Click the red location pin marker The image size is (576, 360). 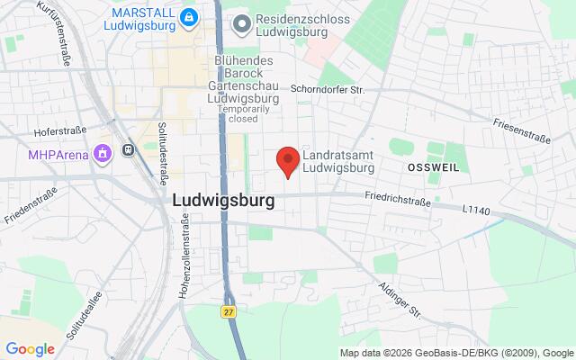tap(287, 161)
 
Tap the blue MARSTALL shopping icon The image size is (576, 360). tap(188, 18)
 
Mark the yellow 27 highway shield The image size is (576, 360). tap(229, 310)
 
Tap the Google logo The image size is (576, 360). tap(30, 349)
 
